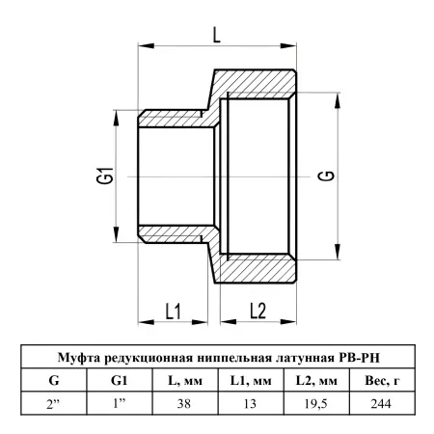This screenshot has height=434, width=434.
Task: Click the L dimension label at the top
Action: click(217, 35)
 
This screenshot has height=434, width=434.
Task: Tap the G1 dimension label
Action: click(105, 176)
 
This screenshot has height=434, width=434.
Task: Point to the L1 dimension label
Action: click(174, 312)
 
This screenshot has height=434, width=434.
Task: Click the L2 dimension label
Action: click(258, 311)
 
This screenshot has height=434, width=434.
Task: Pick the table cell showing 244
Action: click(381, 403)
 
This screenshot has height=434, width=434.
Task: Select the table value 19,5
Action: click(315, 403)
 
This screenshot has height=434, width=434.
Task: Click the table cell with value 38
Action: click(184, 403)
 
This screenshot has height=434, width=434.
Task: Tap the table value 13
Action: click(250, 403)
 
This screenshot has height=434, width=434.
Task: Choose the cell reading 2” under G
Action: click(53, 403)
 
